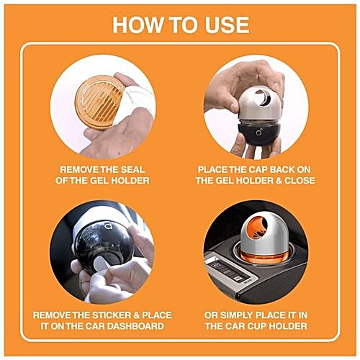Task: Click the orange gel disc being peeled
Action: tap(97, 102)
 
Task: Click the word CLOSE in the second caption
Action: tap(298, 180)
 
